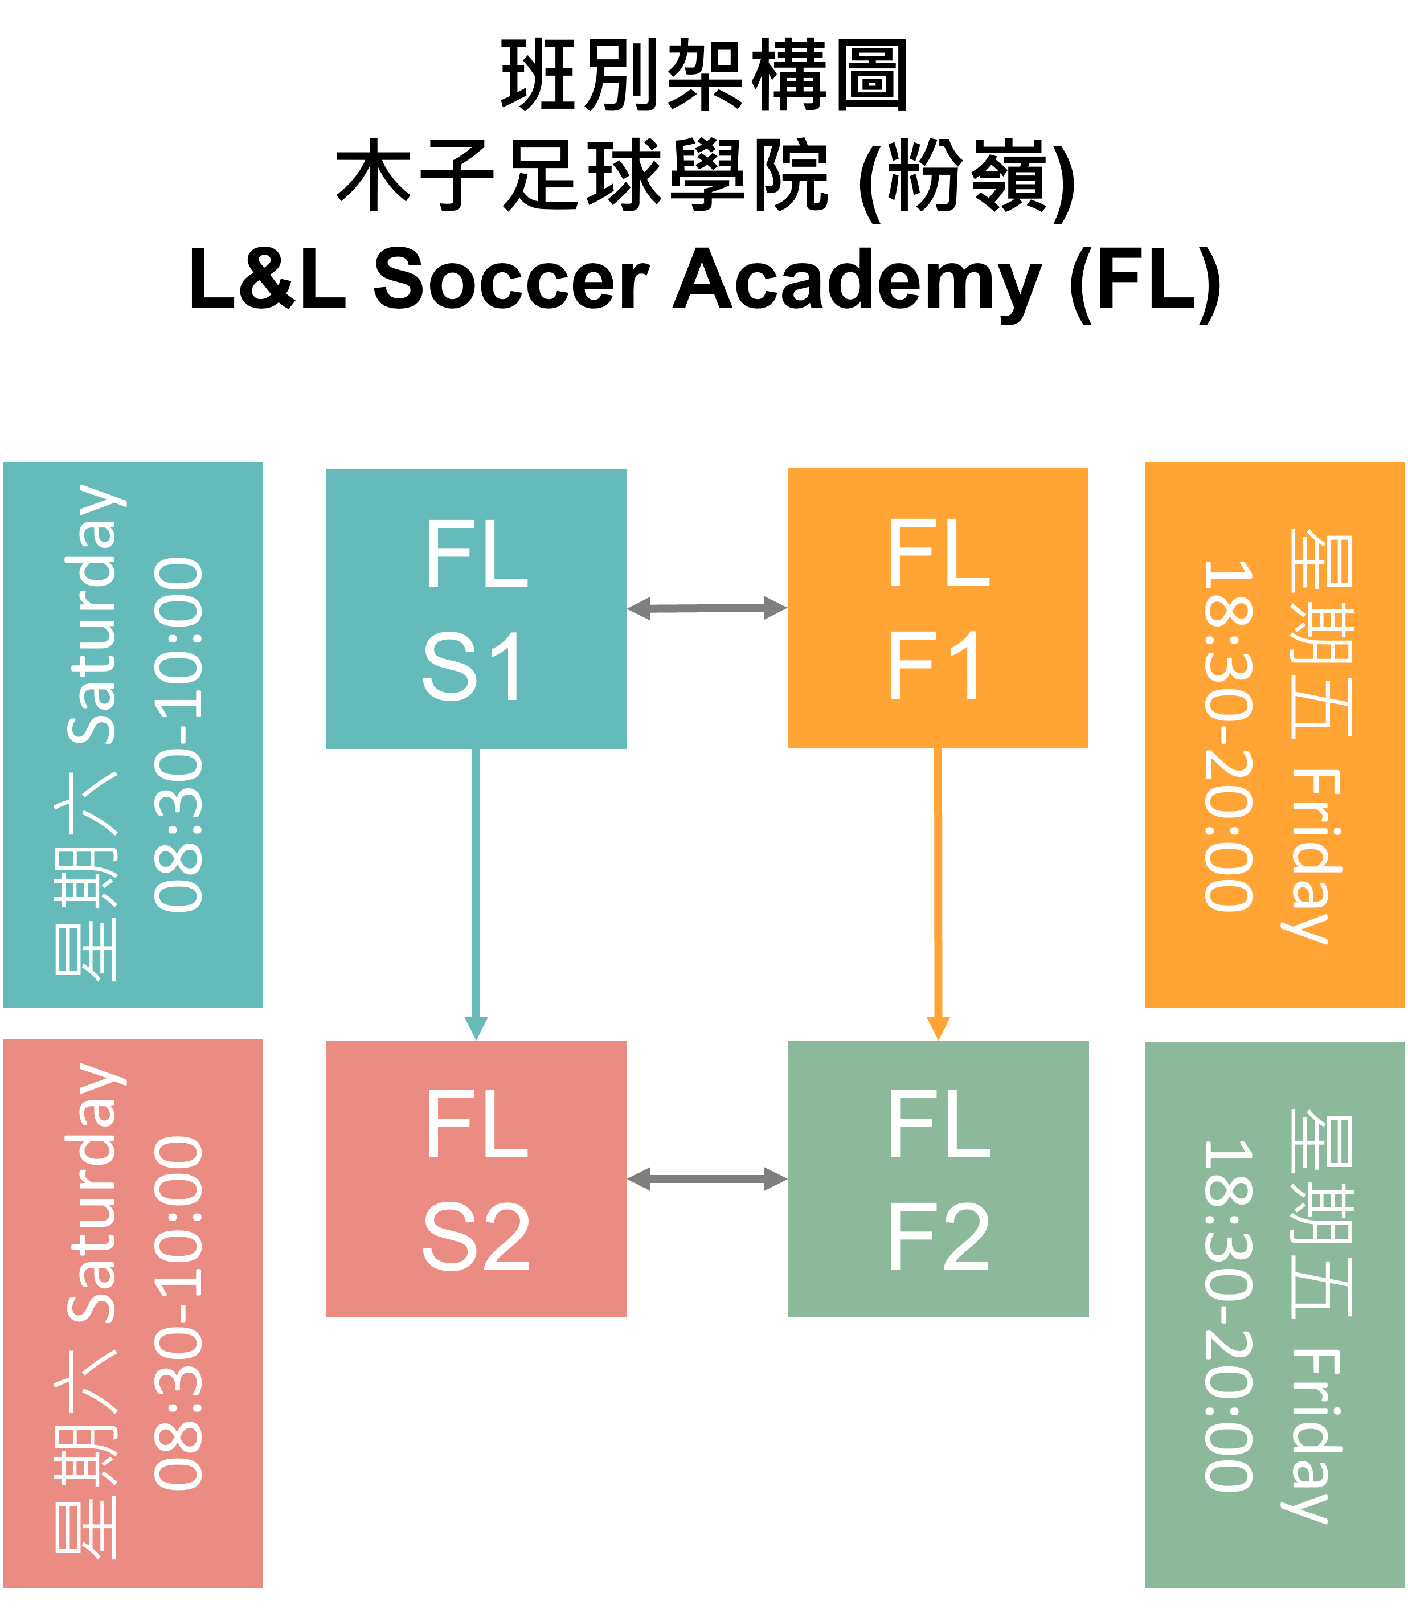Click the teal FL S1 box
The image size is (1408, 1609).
[476, 608]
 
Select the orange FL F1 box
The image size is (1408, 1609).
[938, 607]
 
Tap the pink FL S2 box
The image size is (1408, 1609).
[476, 1178]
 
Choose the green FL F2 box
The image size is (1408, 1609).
[938, 1178]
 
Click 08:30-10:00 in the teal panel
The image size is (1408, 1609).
[179, 735]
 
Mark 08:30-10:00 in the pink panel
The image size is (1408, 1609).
[179, 1312]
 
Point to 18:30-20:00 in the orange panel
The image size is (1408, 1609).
[1227, 735]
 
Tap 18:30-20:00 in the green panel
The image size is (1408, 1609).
[1227, 1315]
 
